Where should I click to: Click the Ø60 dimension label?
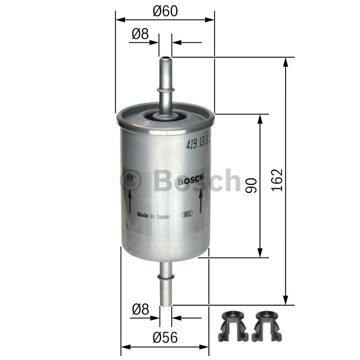[165, 11]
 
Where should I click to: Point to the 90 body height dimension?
[250, 186]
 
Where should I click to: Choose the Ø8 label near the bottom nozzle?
[140, 309]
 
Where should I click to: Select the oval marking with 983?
[187, 214]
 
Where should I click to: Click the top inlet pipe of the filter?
[165, 86]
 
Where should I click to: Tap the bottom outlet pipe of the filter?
[166, 284]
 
